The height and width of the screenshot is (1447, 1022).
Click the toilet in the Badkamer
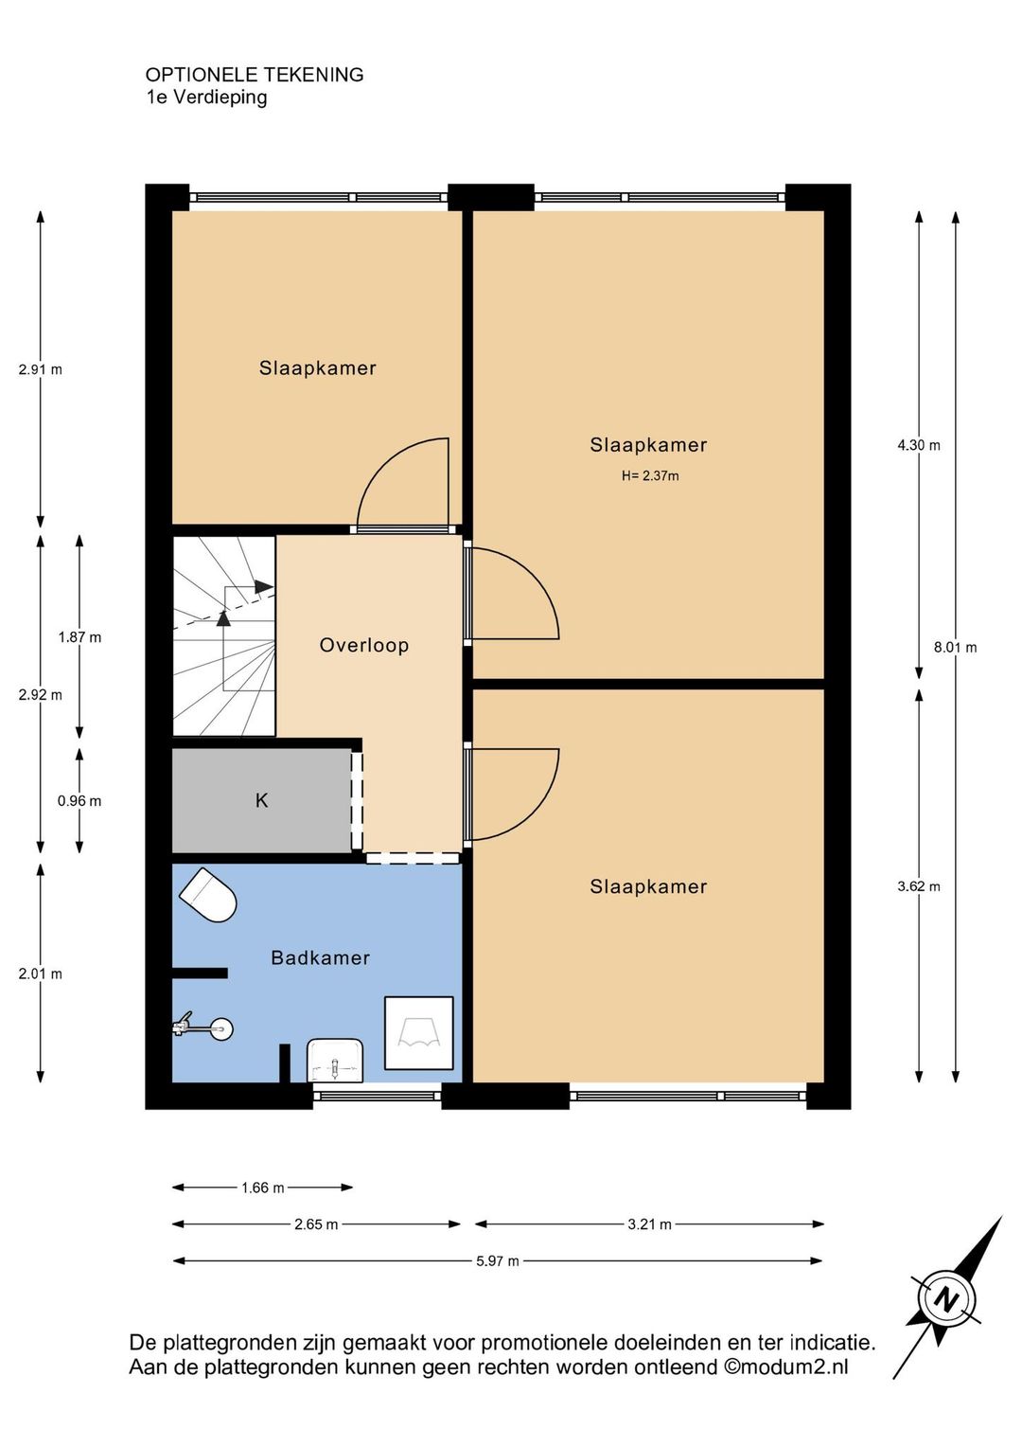[207, 895]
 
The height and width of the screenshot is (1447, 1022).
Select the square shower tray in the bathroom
[419, 1033]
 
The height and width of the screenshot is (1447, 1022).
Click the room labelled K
[261, 800]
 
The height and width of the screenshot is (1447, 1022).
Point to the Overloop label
[364, 645]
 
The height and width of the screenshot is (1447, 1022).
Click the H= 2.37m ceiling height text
[650, 476]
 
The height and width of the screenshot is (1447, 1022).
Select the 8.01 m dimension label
[955, 648]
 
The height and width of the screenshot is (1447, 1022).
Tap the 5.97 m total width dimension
[498, 1261]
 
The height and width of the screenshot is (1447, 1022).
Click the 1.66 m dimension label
[263, 1188]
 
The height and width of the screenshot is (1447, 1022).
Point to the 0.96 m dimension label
[79, 801]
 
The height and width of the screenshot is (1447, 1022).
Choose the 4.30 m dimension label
[919, 445]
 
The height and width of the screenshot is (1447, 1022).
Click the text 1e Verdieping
[206, 98]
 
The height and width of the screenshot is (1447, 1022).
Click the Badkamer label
[320, 957]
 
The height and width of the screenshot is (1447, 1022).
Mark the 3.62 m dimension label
[919, 887]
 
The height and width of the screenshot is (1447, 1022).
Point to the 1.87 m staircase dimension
[79, 637]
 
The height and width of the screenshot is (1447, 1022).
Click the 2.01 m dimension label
[40, 974]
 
